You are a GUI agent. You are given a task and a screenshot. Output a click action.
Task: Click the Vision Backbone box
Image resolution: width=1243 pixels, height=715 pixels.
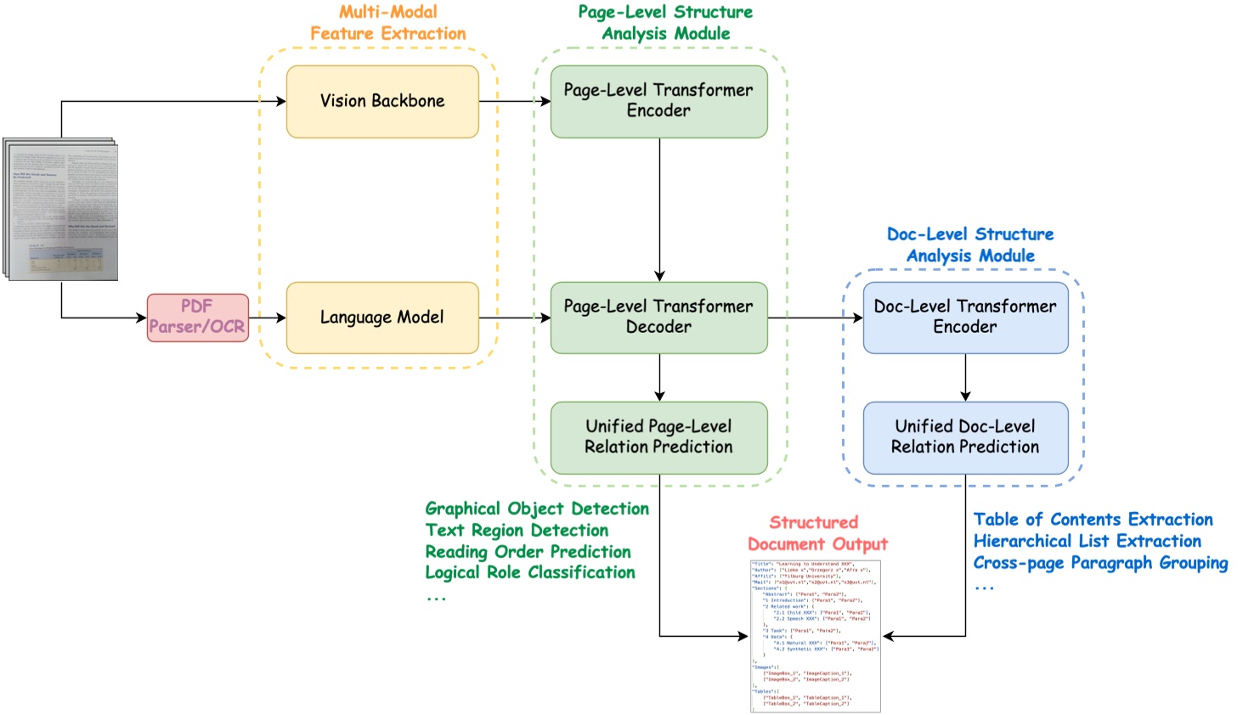(382, 101)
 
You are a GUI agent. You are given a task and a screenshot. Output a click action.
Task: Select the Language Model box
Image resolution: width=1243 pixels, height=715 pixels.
(382, 318)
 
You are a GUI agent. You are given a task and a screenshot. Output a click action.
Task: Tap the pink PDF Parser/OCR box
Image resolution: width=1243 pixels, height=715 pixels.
(197, 318)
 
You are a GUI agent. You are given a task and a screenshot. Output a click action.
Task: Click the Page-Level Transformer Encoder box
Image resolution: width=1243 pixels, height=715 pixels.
(658, 101)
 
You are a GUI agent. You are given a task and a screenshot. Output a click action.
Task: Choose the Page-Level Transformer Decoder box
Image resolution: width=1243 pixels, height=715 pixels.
(658, 318)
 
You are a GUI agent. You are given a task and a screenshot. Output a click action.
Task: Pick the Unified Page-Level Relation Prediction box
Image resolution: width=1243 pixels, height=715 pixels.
(658, 437)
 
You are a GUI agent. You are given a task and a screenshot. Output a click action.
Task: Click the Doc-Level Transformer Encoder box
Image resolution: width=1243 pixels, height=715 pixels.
(965, 318)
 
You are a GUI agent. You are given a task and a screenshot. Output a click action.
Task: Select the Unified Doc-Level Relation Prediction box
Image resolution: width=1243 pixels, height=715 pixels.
(965, 437)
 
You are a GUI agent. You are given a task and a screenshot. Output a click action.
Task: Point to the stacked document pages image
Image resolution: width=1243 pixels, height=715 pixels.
(61, 209)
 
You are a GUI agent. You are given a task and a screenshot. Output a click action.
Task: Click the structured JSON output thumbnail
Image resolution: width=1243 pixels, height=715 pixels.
(815, 635)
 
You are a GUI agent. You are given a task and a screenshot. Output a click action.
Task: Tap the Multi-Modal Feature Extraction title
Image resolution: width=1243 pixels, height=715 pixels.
(388, 23)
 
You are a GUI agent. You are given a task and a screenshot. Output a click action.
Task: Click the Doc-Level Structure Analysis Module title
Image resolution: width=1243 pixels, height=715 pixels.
(970, 245)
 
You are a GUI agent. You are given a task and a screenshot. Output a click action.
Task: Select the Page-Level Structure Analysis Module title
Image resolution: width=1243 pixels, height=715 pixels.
(665, 23)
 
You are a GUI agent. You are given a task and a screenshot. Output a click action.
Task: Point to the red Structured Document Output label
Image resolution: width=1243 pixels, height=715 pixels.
(816, 533)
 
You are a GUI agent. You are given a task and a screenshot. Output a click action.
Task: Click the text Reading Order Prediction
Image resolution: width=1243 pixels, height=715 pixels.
(528, 552)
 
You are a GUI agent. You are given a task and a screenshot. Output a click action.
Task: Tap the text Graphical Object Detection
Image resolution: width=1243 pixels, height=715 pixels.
(537, 509)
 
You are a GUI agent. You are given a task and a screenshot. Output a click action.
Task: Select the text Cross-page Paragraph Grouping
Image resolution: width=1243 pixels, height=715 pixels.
(1100, 563)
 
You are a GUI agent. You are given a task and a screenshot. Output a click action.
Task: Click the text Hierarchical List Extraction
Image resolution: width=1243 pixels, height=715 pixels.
(1087, 541)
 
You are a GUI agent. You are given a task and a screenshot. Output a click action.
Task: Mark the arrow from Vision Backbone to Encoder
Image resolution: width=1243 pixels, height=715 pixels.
(515, 101)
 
